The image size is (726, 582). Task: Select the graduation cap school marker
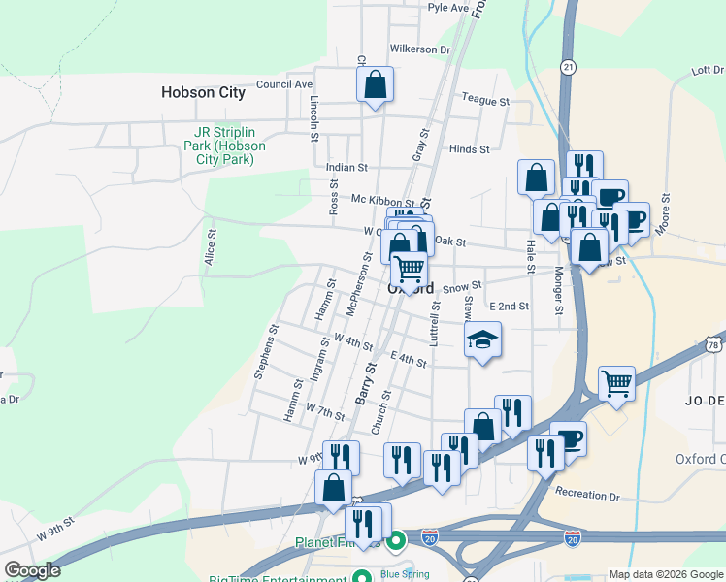click(482, 341)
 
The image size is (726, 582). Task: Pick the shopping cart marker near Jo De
click(617, 385)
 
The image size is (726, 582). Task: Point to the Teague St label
click(485, 101)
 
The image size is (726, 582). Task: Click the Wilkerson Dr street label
click(419, 49)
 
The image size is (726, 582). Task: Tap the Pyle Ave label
click(448, 7)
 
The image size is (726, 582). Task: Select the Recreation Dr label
click(586, 496)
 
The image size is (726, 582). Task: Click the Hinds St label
click(470, 149)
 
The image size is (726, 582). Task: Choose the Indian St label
click(346, 168)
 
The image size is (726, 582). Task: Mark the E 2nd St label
click(509, 307)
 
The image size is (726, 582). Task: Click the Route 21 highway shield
click(568, 66)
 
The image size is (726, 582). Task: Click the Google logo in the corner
click(32, 571)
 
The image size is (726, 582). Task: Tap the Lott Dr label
click(708, 70)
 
